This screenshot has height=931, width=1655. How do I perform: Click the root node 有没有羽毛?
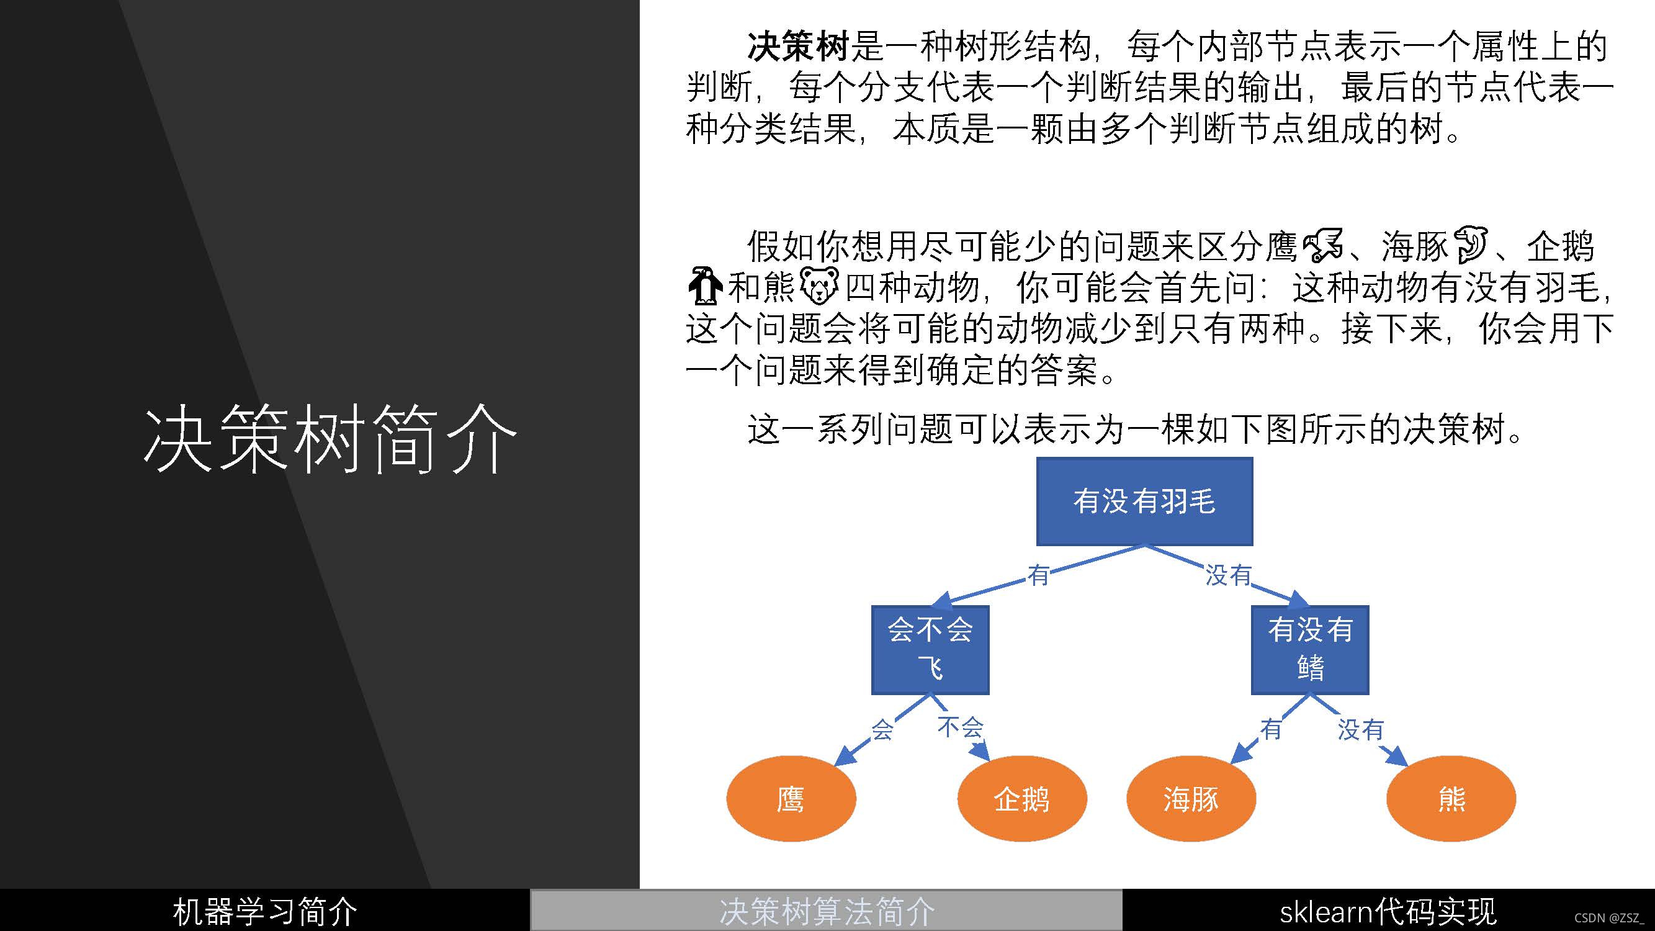coord(1144,501)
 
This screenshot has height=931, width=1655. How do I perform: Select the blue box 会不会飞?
coord(930,649)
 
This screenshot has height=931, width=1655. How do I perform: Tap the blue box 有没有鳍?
coord(1310,649)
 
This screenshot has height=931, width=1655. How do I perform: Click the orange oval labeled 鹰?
coord(791,799)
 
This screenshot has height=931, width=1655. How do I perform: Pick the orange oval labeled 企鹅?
coord(1021,799)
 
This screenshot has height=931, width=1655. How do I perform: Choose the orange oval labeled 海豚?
coord(1190,799)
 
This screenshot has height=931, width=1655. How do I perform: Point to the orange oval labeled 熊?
coord(1451,799)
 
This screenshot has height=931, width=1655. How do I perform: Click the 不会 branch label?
coord(961,727)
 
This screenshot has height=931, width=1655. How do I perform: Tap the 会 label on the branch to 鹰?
coord(882,729)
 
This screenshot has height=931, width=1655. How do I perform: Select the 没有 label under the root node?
coord(1228,575)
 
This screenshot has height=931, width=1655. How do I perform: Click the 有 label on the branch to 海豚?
coord(1271,729)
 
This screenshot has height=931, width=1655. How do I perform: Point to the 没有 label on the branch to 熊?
coord(1360,729)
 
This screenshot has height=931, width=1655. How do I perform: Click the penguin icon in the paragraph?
coord(705,286)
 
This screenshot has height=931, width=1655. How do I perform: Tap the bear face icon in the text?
coord(819,286)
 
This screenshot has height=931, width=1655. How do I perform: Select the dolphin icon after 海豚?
coord(1470,245)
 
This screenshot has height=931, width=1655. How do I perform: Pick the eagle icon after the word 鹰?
coord(1323,245)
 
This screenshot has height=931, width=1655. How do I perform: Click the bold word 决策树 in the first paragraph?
coord(798,47)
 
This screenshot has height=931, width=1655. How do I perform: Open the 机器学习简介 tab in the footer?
coord(265,911)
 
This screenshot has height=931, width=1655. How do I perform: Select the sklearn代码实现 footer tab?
coord(1388,911)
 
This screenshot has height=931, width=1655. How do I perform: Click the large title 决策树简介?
coord(330,439)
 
